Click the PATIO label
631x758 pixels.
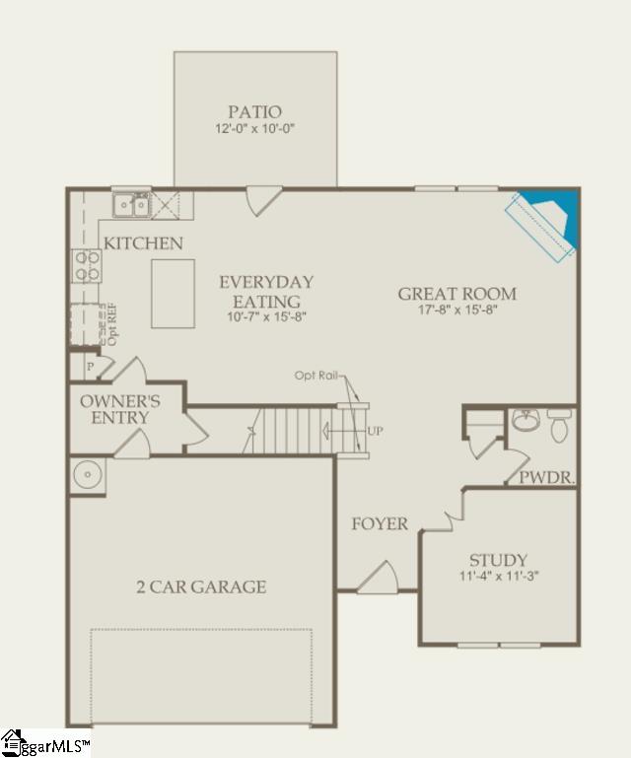pos(254,112)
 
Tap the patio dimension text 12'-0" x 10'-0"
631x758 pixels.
pos(254,129)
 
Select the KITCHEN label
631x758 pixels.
pos(143,242)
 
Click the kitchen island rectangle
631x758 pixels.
pos(173,293)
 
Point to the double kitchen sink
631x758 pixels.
pos(131,205)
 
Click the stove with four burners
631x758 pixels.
pos(86,266)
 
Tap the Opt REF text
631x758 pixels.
pos(111,324)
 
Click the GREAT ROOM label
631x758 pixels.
pos(456,294)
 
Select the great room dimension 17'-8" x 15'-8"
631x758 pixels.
pos(456,310)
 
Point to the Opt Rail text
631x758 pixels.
pos(316,376)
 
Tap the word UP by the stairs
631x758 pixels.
pos(376,432)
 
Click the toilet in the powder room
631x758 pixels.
pos(559,425)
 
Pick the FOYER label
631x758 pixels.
pos(380,523)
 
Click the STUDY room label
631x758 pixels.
pos(498,560)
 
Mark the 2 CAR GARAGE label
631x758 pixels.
pos(201,587)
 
